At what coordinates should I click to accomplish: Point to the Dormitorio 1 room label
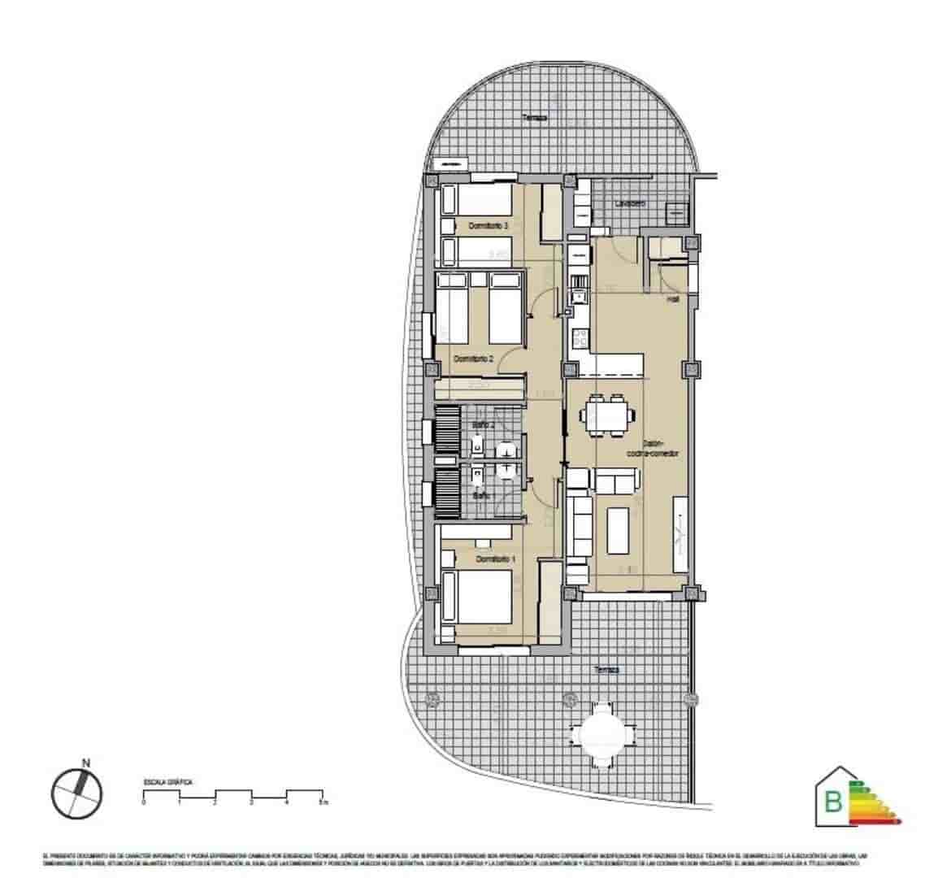point(497,559)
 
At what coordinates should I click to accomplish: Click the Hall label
point(673,299)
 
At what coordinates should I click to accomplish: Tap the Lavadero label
point(630,203)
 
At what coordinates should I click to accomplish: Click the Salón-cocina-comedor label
point(659,448)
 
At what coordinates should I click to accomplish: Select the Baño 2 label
point(484,424)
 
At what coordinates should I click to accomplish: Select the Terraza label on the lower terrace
point(606,670)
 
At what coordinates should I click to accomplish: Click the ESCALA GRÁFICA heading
point(167,781)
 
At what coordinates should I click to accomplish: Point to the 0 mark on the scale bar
point(144,802)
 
